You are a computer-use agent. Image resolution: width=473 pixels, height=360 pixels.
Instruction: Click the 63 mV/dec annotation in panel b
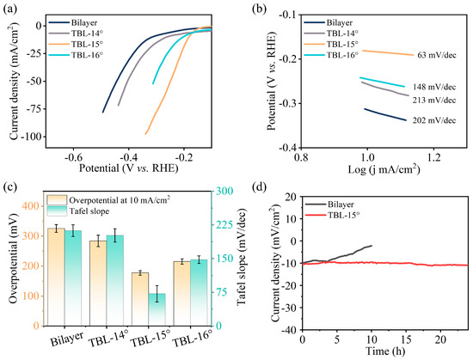click(437, 55)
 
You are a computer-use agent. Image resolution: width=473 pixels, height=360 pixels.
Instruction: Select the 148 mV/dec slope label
click(434, 87)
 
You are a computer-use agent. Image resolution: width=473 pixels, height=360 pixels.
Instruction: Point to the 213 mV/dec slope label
click(434, 100)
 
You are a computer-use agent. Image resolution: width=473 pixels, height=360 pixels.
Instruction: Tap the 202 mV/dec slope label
click(434, 120)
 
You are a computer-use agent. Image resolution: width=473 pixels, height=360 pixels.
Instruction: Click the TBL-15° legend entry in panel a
click(76, 44)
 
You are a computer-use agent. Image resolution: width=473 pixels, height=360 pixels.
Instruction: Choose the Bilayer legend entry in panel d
click(329, 204)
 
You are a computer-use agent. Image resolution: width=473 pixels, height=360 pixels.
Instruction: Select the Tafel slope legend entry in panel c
click(78, 211)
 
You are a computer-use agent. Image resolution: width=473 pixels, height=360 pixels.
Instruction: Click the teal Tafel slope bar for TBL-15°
click(157, 309)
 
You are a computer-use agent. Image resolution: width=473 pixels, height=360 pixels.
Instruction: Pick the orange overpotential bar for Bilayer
click(56, 278)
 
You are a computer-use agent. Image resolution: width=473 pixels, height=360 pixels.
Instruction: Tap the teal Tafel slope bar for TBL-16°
click(199, 293)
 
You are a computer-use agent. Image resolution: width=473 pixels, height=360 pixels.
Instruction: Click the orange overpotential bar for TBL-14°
click(98, 284)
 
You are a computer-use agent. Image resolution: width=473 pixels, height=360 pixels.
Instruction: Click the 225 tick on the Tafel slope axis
click(224, 225)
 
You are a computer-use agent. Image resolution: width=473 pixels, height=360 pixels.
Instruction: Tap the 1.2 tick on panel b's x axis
click(433, 157)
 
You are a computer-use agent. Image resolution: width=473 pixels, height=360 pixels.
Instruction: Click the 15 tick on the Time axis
click(406, 340)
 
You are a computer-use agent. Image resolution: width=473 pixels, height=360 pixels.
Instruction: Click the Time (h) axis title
click(385, 351)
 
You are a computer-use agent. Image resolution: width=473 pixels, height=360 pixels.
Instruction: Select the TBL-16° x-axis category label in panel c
click(193, 339)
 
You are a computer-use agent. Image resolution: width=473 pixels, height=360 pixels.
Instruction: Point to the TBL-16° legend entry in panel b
click(330, 55)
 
